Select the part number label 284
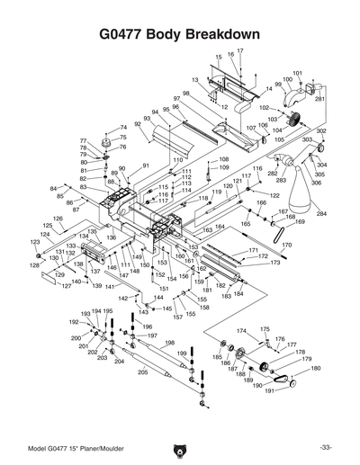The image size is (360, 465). (321, 214)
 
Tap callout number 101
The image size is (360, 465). (298, 72)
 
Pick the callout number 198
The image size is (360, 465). (169, 343)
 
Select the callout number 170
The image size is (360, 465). (287, 244)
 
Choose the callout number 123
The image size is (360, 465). (36, 243)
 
